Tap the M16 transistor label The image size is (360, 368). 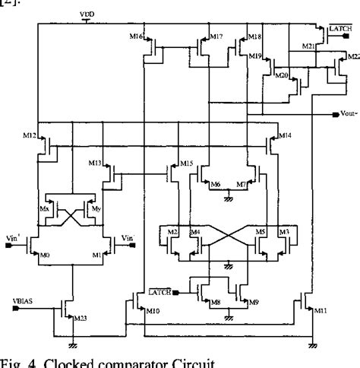click(x=136, y=36)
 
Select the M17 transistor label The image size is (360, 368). click(x=216, y=36)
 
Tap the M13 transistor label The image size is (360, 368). click(x=95, y=163)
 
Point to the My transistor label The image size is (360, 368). click(x=94, y=206)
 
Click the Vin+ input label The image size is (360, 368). click(x=14, y=238)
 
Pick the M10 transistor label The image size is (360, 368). click(x=153, y=312)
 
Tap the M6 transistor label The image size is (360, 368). click(x=215, y=185)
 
